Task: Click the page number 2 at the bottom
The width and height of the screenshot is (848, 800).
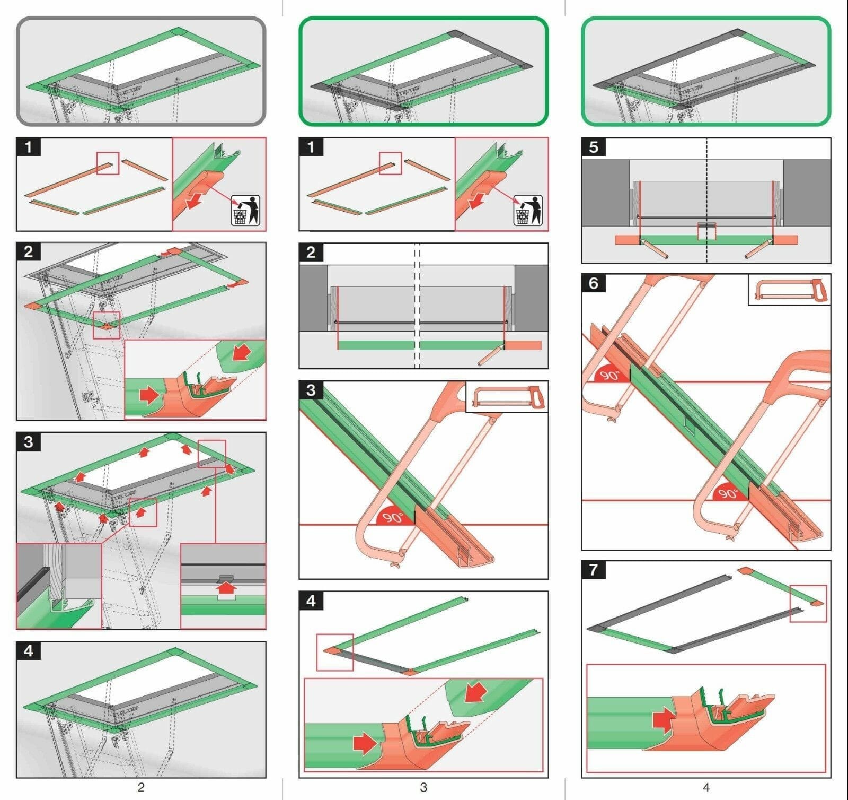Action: click(x=140, y=787)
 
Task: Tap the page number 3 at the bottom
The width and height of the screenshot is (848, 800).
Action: click(x=423, y=787)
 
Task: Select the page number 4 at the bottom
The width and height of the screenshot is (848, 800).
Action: click(x=705, y=787)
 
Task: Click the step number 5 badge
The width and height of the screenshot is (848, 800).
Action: click(x=594, y=147)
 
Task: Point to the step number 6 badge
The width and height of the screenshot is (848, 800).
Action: click(x=594, y=283)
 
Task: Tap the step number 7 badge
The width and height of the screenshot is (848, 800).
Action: click(x=594, y=570)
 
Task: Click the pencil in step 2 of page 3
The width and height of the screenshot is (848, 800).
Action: click(x=491, y=354)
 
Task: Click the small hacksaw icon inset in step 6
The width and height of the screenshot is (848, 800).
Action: click(x=789, y=290)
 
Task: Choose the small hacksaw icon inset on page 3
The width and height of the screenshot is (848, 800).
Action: click(x=507, y=397)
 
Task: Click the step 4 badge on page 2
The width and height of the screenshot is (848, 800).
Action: click(x=29, y=651)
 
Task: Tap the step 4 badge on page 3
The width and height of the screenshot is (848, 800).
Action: click(x=311, y=601)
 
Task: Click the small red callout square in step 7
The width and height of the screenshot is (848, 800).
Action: click(x=808, y=603)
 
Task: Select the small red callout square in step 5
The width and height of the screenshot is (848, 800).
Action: click(x=706, y=231)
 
